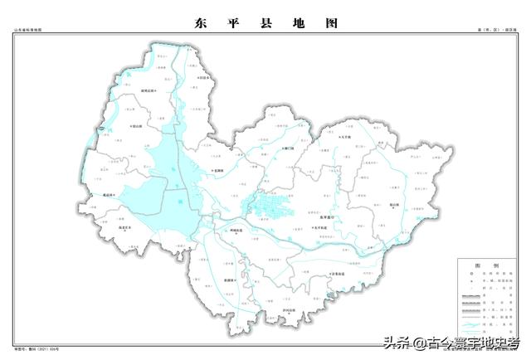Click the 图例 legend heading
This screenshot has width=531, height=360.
[480, 265]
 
